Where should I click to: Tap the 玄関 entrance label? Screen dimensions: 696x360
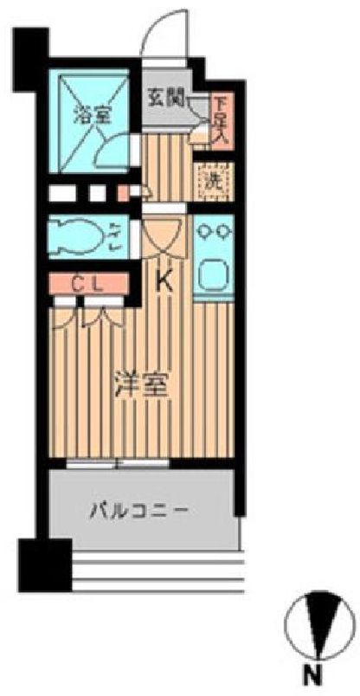pyautogui.click(x=164, y=97)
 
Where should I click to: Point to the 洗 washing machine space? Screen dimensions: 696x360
pyautogui.click(x=210, y=182)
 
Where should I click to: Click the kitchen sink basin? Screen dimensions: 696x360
pyautogui.click(x=211, y=275)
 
